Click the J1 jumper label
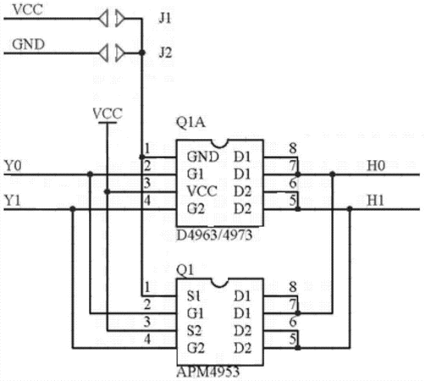(x=165, y=19)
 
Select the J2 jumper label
(x=165, y=52)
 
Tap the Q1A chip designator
(x=190, y=123)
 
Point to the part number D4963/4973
(x=214, y=235)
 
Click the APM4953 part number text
(x=208, y=372)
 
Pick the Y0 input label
(x=13, y=165)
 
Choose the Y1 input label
(x=13, y=201)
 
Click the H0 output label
(x=376, y=165)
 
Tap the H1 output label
(x=375, y=201)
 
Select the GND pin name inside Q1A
(x=203, y=157)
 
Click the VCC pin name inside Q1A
(x=202, y=191)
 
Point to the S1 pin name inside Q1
(x=194, y=296)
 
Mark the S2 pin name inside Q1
(x=194, y=331)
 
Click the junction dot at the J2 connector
(x=142, y=52)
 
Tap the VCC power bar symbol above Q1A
(x=108, y=123)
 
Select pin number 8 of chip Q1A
(x=293, y=148)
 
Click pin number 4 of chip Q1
(x=147, y=340)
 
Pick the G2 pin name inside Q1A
(x=196, y=209)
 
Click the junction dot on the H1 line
(x=350, y=209)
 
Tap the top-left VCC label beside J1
(x=28, y=9)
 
